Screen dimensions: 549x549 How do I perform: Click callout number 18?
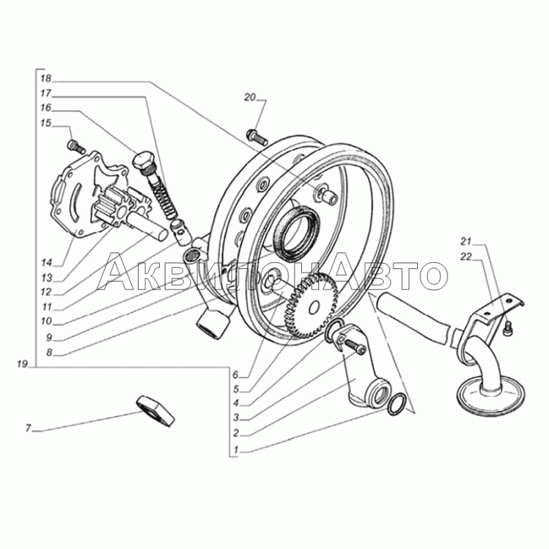tap(46, 78)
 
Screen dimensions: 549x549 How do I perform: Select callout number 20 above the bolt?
tap(250, 97)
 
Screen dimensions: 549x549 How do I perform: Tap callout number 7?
tap(28, 428)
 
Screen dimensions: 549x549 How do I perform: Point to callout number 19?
tap(22, 364)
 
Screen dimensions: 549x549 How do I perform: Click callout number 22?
tap(466, 257)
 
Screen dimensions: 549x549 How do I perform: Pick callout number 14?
tap(47, 263)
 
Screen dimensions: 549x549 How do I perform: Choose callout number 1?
tap(236, 450)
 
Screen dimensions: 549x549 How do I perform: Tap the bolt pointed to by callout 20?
tap(257, 137)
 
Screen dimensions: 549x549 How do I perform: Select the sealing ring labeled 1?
tap(397, 404)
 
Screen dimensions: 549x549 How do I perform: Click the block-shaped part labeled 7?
tap(156, 411)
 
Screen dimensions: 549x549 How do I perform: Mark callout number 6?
tap(235, 375)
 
